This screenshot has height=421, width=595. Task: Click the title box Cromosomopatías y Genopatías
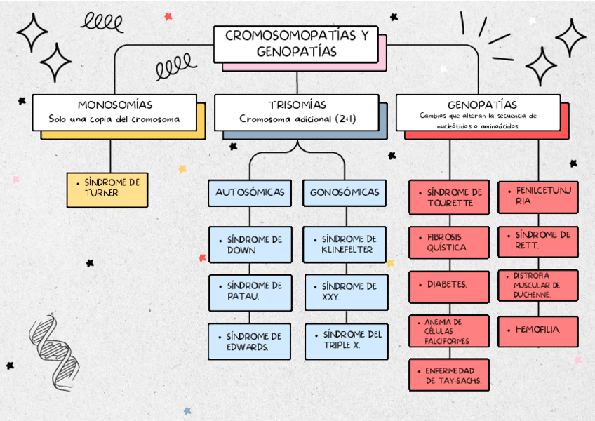pyautogui.click(x=296, y=44)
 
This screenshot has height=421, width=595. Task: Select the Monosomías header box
pyautogui.click(x=114, y=112)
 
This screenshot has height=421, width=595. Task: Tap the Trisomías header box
pyautogui.click(x=297, y=112)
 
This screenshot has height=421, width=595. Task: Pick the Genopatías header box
pyautogui.click(x=477, y=112)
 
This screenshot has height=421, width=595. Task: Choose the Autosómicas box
pyautogui.click(x=249, y=192)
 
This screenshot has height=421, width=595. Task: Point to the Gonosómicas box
pyautogui.click(x=345, y=192)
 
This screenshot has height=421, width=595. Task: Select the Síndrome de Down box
pyautogui.click(x=249, y=245)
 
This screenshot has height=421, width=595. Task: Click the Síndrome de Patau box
pyautogui.click(x=249, y=291)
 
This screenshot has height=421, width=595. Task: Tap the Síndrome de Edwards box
pyautogui.click(x=249, y=342)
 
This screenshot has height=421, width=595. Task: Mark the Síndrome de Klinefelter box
pyautogui.click(x=345, y=245)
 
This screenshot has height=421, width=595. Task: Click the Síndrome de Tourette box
pyautogui.click(x=449, y=197)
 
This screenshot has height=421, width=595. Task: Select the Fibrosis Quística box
pyautogui.click(x=449, y=243)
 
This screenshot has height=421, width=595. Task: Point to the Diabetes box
pyautogui.click(x=449, y=285)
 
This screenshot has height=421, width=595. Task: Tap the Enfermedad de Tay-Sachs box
pyautogui.click(x=449, y=375)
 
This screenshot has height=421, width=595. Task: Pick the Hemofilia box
pyautogui.click(x=538, y=330)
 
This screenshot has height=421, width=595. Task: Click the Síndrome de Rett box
pyautogui.click(x=538, y=241)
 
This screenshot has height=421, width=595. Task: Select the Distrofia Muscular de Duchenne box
pyautogui.click(x=538, y=286)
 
